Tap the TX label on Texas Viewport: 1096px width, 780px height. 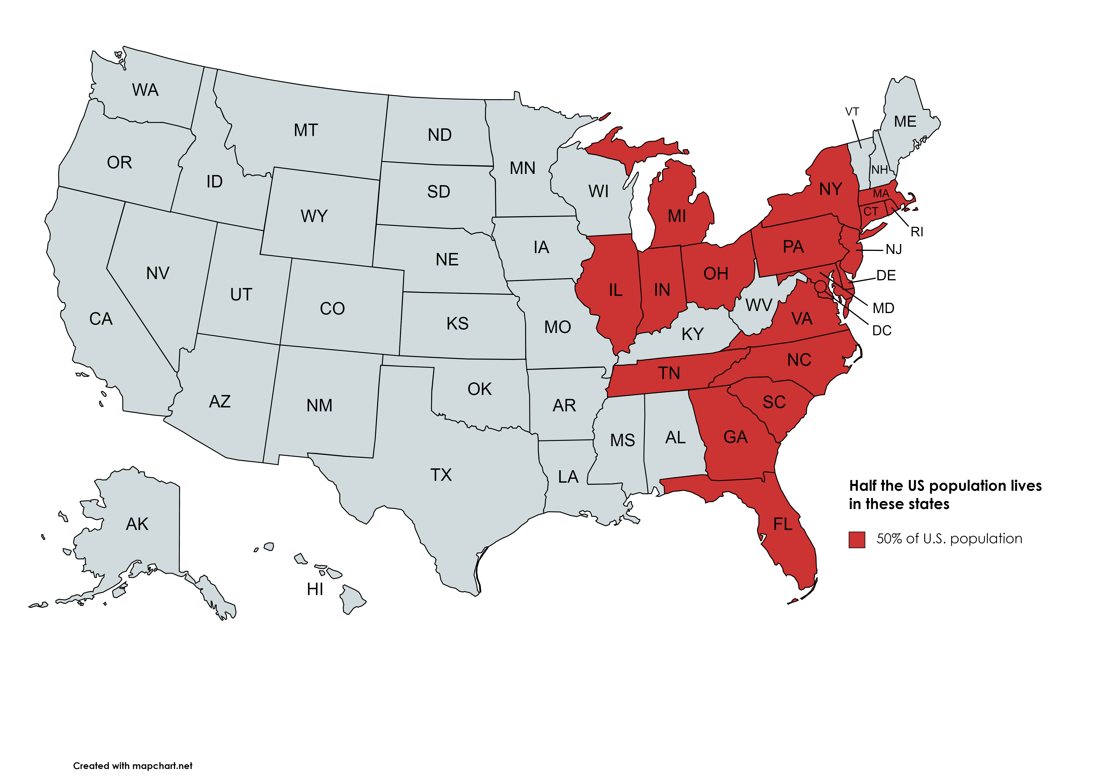(441, 475)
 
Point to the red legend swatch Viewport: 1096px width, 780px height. (857, 539)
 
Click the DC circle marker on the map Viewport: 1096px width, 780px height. (820, 286)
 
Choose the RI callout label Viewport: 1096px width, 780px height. (917, 232)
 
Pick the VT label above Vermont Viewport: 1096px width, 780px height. (852, 112)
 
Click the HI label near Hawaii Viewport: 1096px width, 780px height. (315, 589)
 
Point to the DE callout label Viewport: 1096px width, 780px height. (886, 276)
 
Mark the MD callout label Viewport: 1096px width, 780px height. (883, 308)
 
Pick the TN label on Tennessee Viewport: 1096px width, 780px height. (669, 373)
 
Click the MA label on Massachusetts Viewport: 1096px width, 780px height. (881, 194)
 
